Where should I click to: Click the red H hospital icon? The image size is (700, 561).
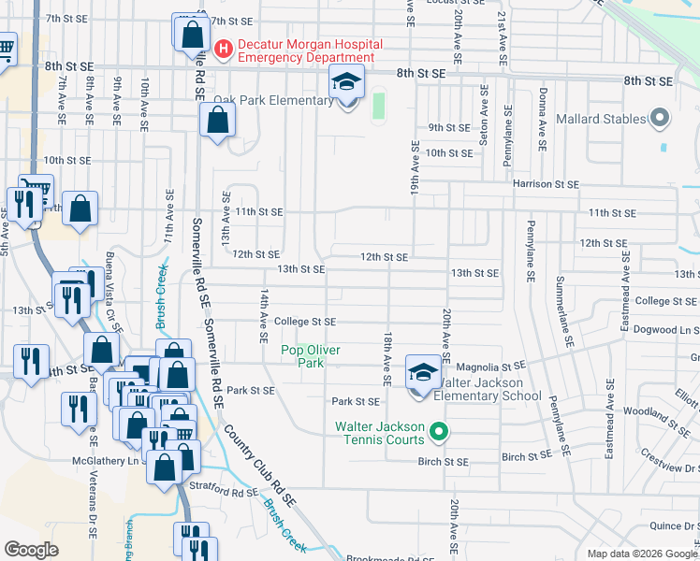(224, 49)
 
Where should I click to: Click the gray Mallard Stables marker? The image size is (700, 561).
(660, 119)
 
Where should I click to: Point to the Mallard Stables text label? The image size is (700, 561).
(601, 119)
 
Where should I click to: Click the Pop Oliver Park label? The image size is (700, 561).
(311, 356)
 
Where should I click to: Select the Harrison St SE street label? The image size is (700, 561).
(546, 184)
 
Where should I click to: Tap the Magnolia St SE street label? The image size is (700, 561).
(488, 367)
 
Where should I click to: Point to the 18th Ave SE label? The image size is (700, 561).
(386, 356)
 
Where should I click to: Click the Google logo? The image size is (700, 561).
(32, 550)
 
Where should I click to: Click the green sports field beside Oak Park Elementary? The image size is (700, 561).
(378, 104)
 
